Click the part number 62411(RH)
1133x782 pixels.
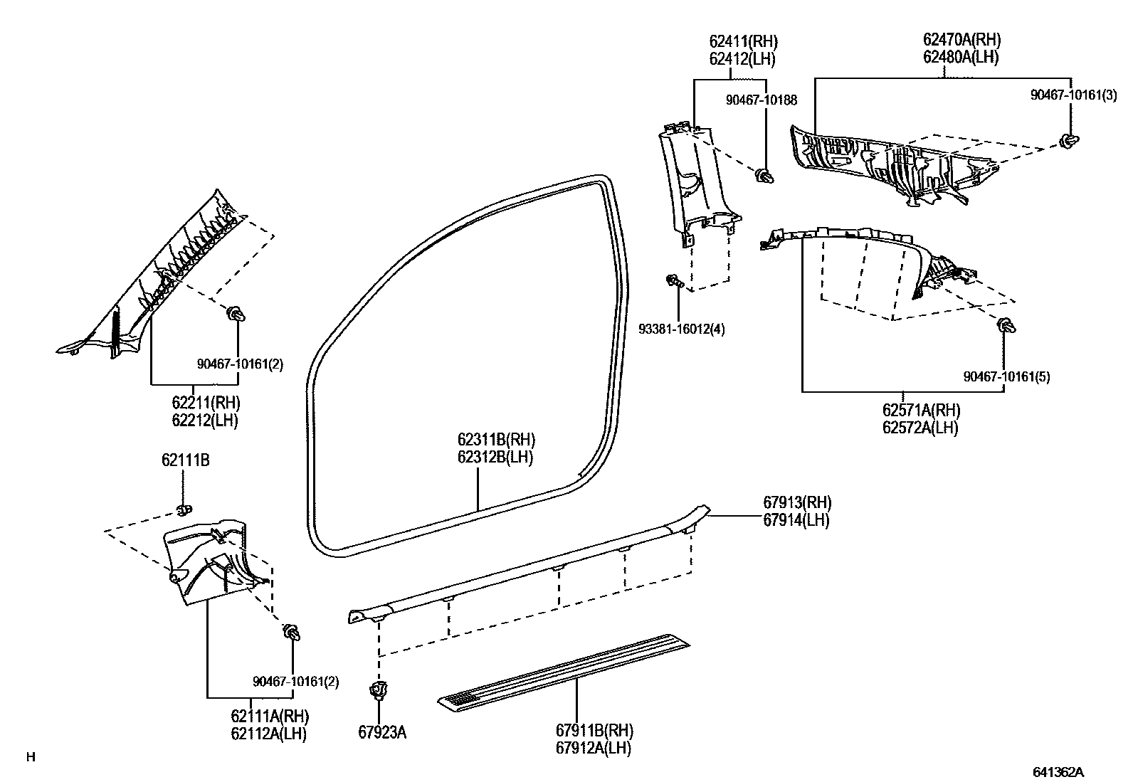742,42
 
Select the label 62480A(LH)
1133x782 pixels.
961,58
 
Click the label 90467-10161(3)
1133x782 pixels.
1073,95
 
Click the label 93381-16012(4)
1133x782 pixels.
681,329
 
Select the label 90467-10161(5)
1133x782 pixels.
1006,376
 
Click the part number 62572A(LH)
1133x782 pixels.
919,428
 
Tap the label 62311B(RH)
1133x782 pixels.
496,440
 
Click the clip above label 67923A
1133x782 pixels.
379,690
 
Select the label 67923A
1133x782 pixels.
382,732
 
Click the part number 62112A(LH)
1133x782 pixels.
268,734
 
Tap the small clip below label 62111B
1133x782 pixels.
183,509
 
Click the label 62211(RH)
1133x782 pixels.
205,403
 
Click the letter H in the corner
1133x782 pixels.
31,757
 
